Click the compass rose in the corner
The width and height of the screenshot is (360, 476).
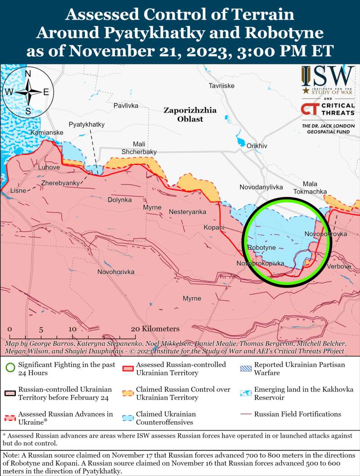[27, 91]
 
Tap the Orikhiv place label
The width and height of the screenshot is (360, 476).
[257, 146]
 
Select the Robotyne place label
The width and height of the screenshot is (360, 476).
[261, 248]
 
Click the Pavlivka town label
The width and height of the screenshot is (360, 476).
[126, 105]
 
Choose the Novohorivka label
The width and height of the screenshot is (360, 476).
[116, 272]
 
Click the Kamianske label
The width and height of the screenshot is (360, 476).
[47, 133]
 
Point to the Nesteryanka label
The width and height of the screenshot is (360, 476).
[187, 212]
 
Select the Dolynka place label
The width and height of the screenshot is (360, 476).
[119, 199]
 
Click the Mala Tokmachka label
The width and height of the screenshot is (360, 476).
[310, 188]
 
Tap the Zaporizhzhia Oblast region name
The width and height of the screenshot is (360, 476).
[189, 114]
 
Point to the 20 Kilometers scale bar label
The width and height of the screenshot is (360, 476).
[155, 329]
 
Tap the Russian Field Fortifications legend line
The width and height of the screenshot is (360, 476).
[245, 414]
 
